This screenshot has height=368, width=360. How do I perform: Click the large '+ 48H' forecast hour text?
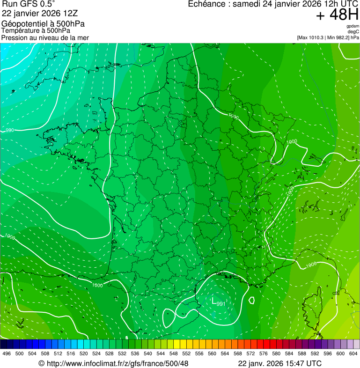coord(337,15)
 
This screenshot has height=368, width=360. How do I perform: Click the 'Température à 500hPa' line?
coord(36,30)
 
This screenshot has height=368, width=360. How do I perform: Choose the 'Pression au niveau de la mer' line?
coord(45,37)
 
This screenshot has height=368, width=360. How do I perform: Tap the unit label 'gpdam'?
coord(353,26)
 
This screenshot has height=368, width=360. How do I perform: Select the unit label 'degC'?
coord(353,31)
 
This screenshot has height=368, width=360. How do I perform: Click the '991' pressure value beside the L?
coord(221,303)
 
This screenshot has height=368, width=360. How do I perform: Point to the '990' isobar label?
coord(9,130)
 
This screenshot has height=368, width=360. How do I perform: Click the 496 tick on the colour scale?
coord(7,353)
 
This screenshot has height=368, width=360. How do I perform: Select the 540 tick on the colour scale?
coord(148,353)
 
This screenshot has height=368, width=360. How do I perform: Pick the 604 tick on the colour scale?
coord(353,353)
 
